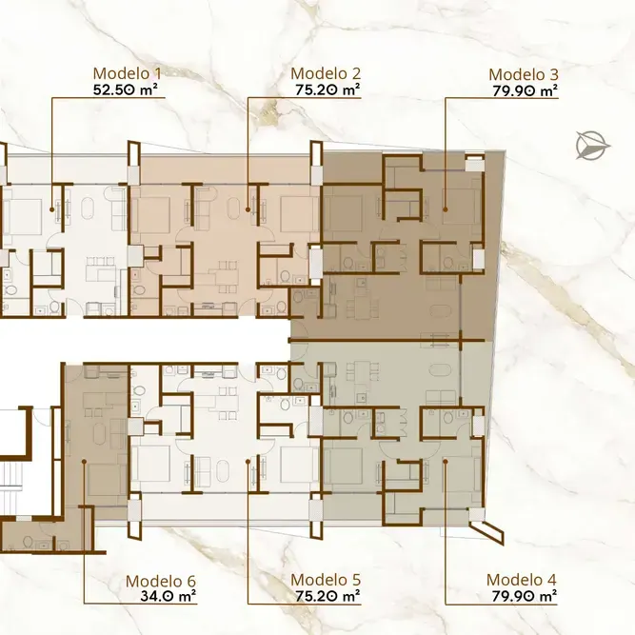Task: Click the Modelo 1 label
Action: (x=128, y=73)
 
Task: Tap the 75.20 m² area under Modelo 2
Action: (x=327, y=89)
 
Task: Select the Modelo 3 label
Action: (x=524, y=74)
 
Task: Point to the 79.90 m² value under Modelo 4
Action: (x=525, y=596)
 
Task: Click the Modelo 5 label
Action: (x=326, y=580)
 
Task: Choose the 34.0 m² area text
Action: (x=169, y=596)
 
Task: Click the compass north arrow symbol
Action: (x=593, y=146)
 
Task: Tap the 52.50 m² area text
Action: (x=126, y=89)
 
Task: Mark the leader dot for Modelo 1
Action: (x=51, y=209)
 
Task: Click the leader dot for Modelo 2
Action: (x=248, y=209)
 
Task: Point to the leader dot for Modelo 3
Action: (x=445, y=209)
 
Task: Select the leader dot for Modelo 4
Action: (x=445, y=461)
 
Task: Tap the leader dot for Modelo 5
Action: (x=248, y=461)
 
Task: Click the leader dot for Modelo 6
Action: (x=84, y=462)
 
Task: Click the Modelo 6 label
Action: (x=161, y=581)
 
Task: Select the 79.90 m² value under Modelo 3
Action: (x=526, y=90)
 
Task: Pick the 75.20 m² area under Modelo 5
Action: (x=327, y=596)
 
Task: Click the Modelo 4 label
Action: (x=522, y=580)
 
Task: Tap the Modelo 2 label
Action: (x=326, y=73)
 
